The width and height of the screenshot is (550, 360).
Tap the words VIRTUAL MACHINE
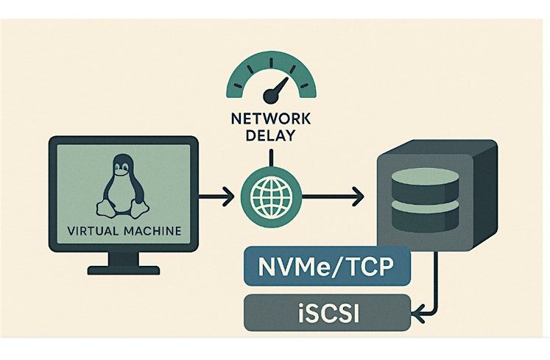coord(124,231)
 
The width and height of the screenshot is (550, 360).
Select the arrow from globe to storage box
coord(331,197)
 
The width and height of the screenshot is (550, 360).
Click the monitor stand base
coord(123,270)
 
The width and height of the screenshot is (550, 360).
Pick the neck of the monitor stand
coord(123,258)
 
